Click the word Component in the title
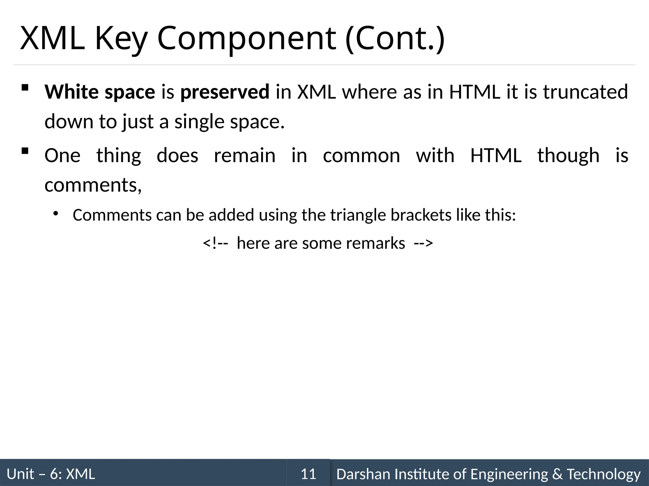click(246, 39)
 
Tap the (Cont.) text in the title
click(395, 39)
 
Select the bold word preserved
click(225, 92)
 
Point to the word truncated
click(585, 92)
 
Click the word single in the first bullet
click(199, 122)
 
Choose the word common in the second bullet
click(362, 156)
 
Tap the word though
click(569, 156)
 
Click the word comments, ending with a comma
click(93, 185)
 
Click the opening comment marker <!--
click(215, 243)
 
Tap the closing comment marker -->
click(423, 243)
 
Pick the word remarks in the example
click(376, 243)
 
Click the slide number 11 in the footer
click(308, 474)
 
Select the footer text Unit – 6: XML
click(51, 474)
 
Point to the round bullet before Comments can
click(56, 214)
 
